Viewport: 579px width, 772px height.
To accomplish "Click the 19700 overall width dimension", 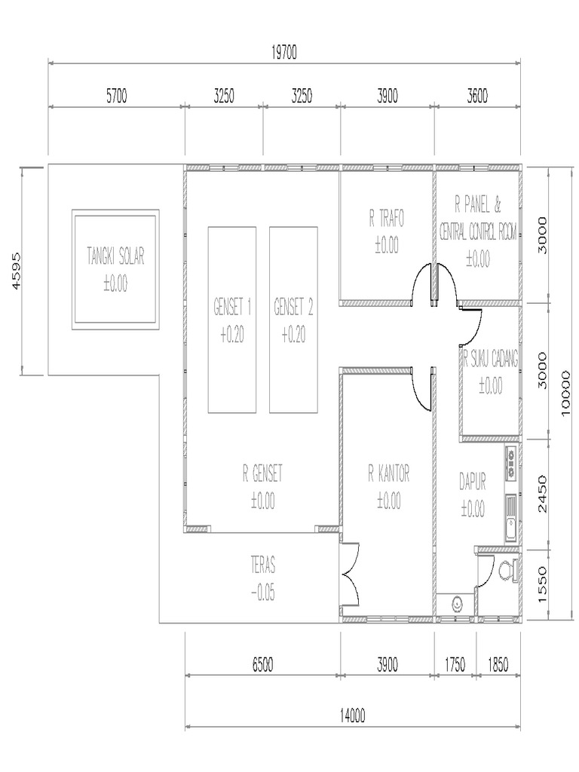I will (284, 52).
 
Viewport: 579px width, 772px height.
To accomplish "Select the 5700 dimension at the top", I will (116, 96).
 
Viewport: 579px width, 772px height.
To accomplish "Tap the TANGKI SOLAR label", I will (115, 256).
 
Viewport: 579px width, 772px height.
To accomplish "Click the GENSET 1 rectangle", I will (232, 320).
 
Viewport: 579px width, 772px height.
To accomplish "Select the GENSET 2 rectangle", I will (293, 320).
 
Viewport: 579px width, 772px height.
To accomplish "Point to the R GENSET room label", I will (262, 473).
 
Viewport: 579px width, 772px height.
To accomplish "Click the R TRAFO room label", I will (387, 219).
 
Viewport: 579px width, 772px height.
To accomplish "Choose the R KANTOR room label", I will (388, 473).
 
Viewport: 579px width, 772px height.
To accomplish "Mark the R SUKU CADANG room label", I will (491, 360).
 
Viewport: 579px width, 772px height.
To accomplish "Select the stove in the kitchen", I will (510, 462).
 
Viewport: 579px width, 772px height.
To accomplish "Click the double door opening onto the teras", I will (351, 577).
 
